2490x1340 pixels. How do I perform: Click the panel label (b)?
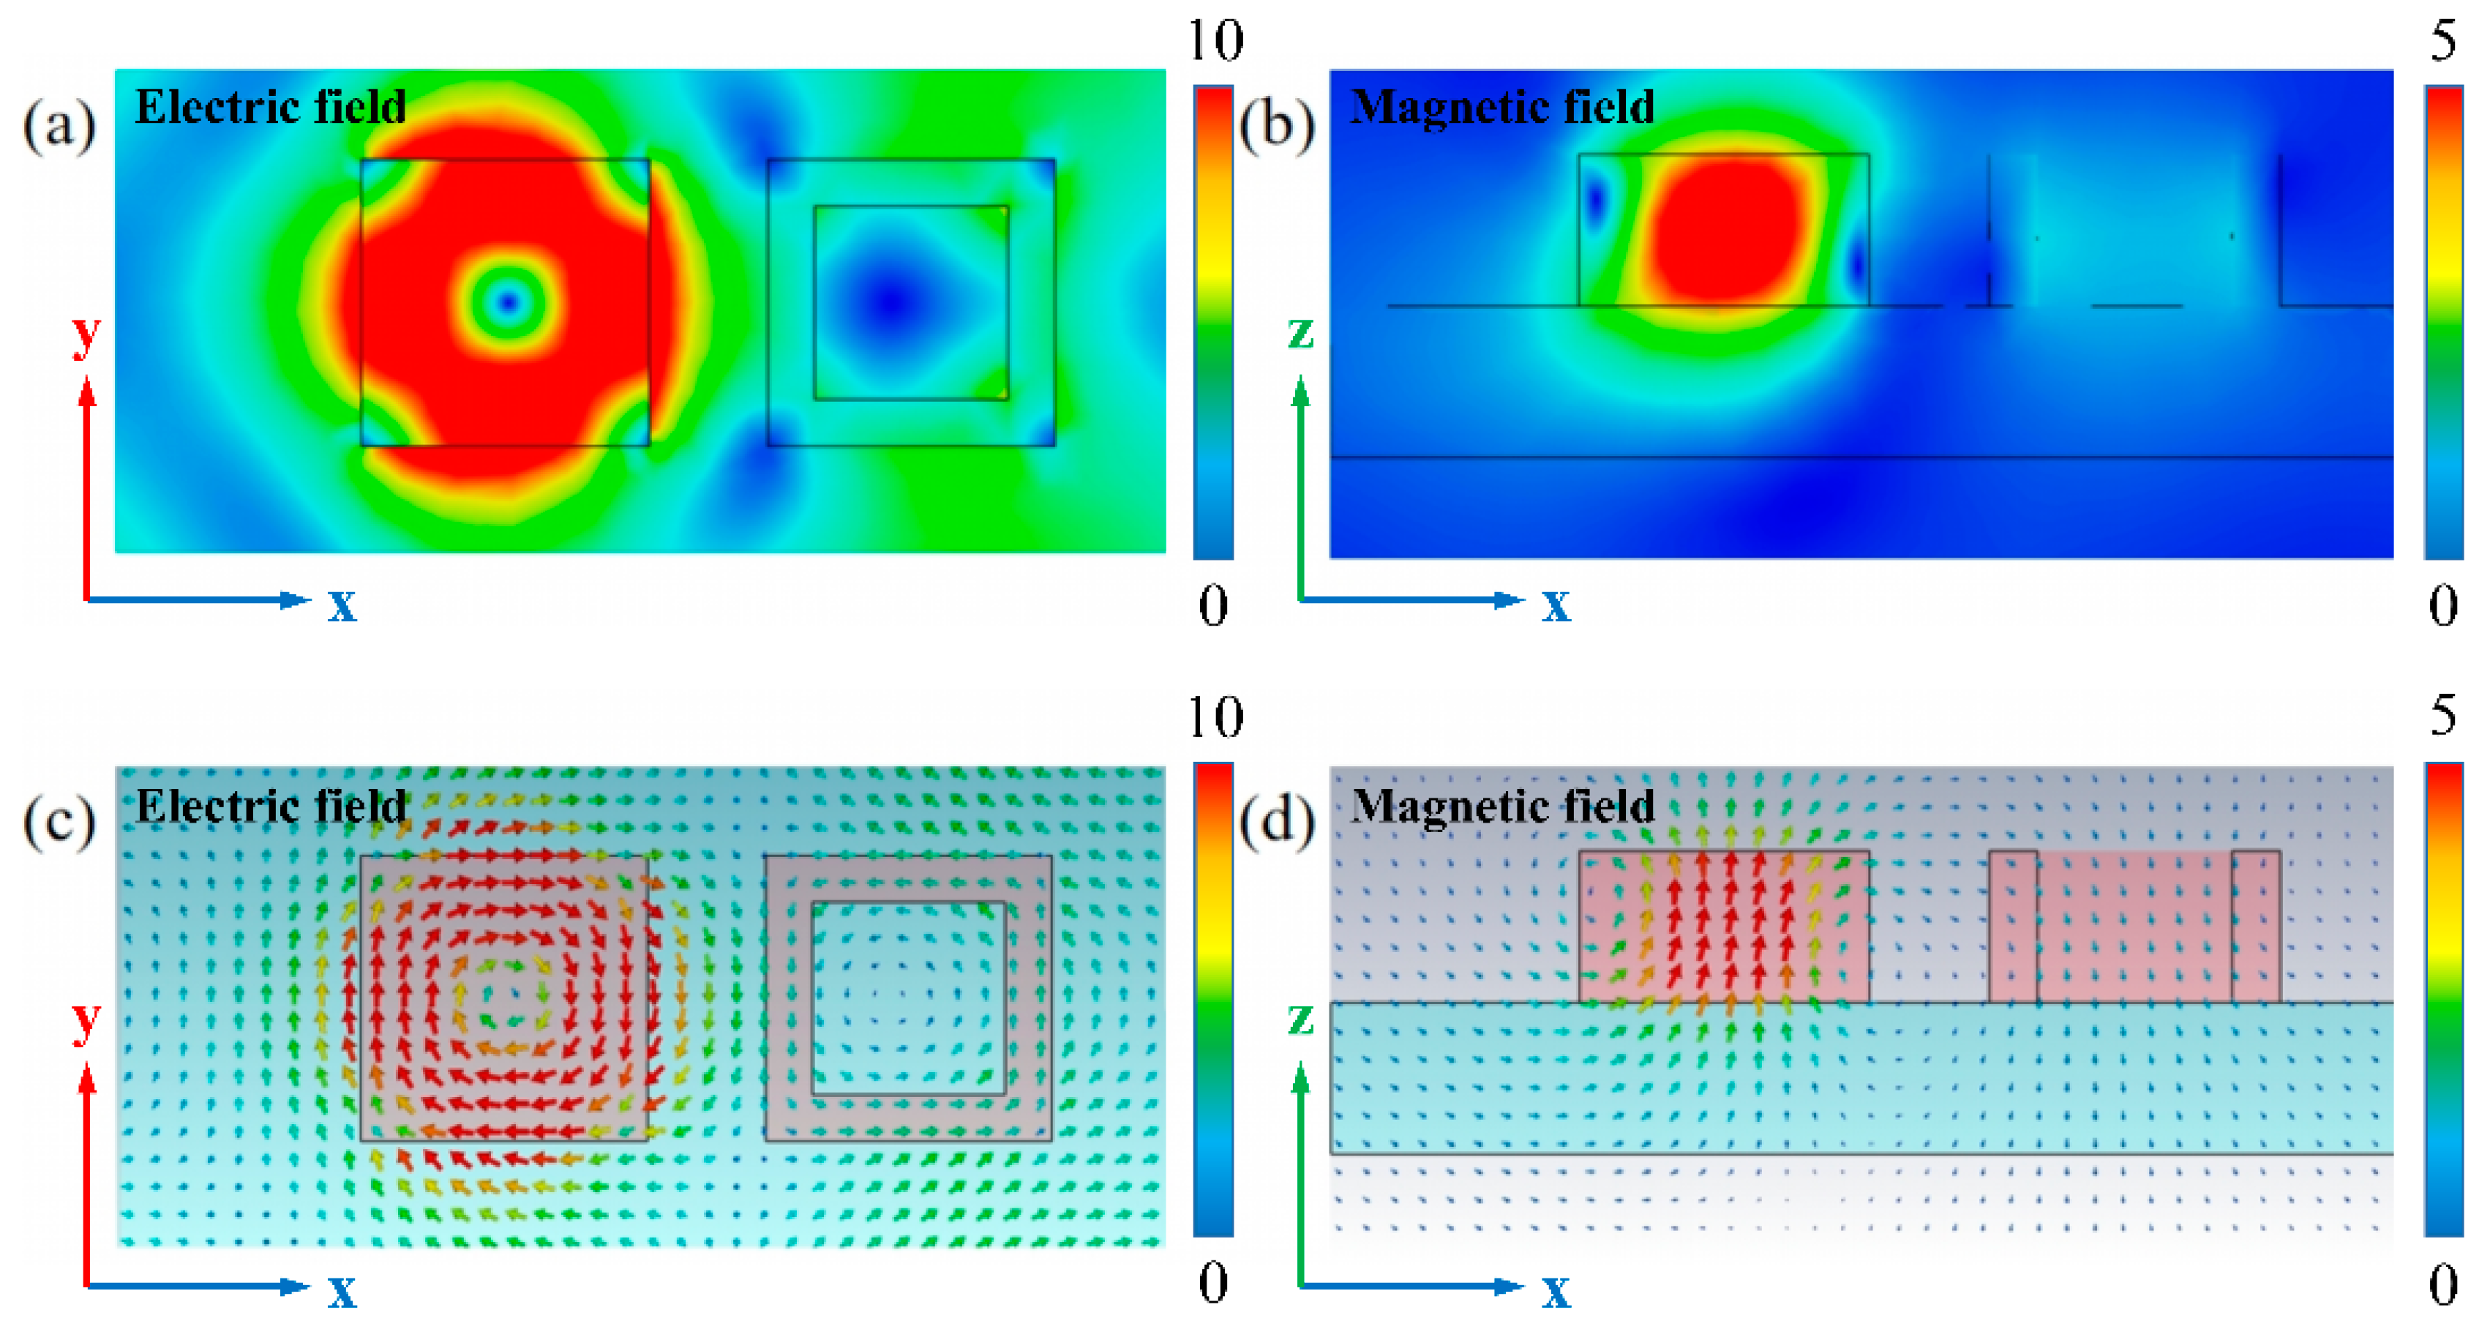click(x=1277, y=127)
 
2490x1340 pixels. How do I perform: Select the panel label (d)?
click(x=1277, y=823)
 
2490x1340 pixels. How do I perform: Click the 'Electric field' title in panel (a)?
click(x=270, y=106)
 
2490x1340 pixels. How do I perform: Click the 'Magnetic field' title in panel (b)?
click(x=1501, y=106)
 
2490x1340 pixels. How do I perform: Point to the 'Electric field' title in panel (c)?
click(x=270, y=805)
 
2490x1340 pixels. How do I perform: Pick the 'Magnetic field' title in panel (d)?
click(x=1501, y=805)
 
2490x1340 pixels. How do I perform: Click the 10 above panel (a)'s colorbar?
click(x=1214, y=40)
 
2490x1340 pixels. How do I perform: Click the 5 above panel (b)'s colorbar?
click(x=2442, y=40)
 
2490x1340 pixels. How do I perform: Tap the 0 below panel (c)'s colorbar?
click(x=1213, y=1282)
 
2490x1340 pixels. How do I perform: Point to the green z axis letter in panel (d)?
click(x=1301, y=1018)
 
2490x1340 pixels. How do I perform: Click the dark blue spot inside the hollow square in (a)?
click(x=890, y=302)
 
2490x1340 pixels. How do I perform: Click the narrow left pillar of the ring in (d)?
click(x=2012, y=927)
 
